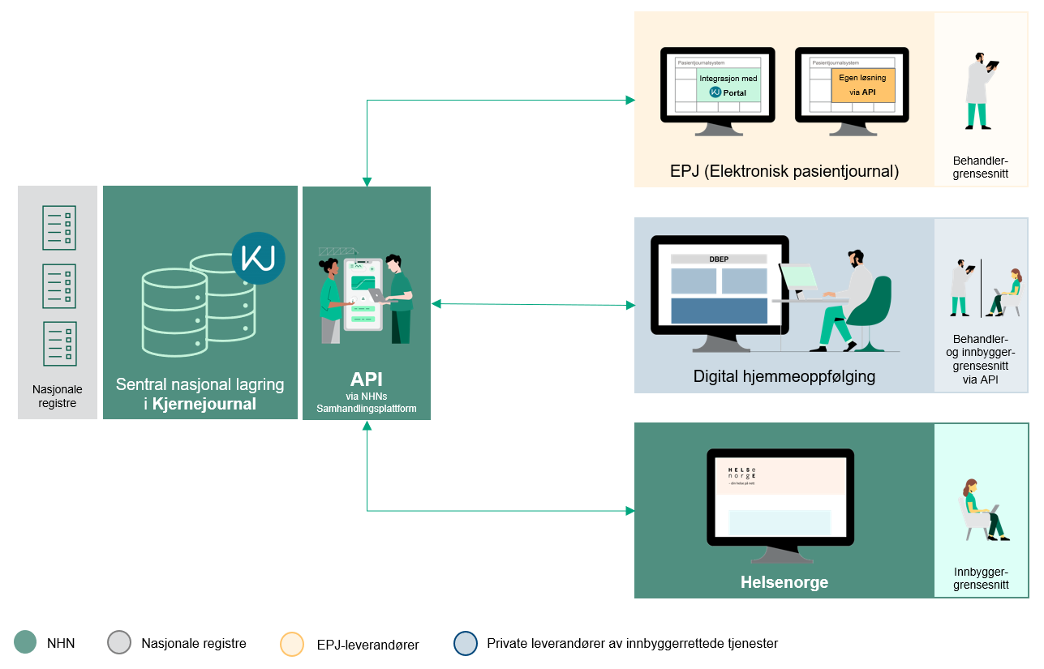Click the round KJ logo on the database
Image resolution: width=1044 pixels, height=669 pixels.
click(258, 258)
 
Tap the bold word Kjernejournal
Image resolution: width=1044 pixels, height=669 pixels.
click(204, 404)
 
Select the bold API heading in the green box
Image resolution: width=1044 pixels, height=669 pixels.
click(367, 380)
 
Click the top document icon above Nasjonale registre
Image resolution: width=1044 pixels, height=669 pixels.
click(59, 227)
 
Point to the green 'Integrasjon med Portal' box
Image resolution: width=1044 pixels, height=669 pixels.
click(728, 85)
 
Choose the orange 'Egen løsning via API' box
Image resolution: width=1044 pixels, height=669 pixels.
click(862, 85)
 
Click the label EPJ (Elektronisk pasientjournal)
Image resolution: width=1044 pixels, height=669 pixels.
click(784, 171)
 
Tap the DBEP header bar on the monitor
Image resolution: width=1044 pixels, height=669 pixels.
click(719, 259)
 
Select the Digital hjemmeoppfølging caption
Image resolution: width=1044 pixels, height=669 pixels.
click(784, 376)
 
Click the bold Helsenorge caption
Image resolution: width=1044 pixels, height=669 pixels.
click(784, 582)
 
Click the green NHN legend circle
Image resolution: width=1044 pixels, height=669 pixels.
click(26, 643)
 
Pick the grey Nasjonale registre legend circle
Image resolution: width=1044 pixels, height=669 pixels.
click(119, 643)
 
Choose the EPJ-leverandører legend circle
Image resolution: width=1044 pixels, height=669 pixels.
click(292, 644)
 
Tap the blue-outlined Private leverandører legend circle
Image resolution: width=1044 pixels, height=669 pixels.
click(466, 643)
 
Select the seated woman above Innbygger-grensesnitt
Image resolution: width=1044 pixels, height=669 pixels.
click(981, 511)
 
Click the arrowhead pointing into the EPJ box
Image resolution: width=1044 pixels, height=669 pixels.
click(629, 100)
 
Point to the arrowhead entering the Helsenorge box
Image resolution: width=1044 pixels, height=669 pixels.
click(629, 511)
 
